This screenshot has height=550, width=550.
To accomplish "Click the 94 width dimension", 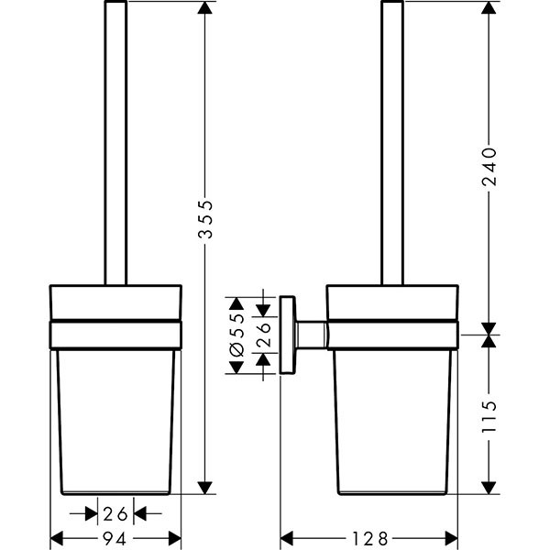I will point(115,537).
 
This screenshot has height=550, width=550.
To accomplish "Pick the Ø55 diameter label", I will point(236,334).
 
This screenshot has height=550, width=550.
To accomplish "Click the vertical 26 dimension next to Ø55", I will point(264,334).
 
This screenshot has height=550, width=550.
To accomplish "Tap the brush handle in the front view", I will point(115,147).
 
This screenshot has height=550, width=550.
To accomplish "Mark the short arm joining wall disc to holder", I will point(311,334).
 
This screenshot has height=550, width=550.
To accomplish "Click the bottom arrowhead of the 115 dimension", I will point(490,487).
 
